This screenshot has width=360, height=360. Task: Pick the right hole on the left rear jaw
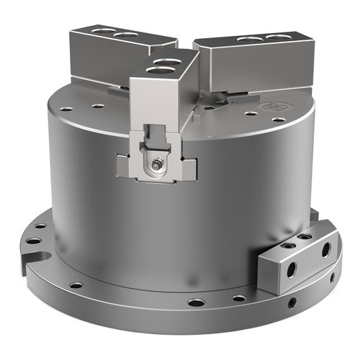click(x=127, y=35)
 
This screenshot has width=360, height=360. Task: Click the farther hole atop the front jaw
click(x=167, y=62)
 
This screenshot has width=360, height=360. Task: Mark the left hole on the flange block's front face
click(x=291, y=270)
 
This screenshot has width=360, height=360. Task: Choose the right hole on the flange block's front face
click(x=325, y=250)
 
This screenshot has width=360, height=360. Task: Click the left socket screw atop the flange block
click(x=287, y=246)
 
